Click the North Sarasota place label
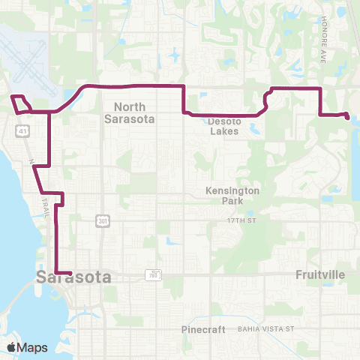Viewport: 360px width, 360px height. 124,112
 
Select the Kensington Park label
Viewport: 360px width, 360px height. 232,196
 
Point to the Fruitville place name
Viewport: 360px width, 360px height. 320,274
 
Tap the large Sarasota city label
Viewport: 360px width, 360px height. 73,277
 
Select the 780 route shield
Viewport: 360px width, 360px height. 153,274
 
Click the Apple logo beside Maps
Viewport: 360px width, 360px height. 12,347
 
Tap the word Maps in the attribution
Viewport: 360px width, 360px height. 33,347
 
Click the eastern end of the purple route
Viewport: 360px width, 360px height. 346,115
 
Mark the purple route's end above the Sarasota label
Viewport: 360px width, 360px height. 69,272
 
